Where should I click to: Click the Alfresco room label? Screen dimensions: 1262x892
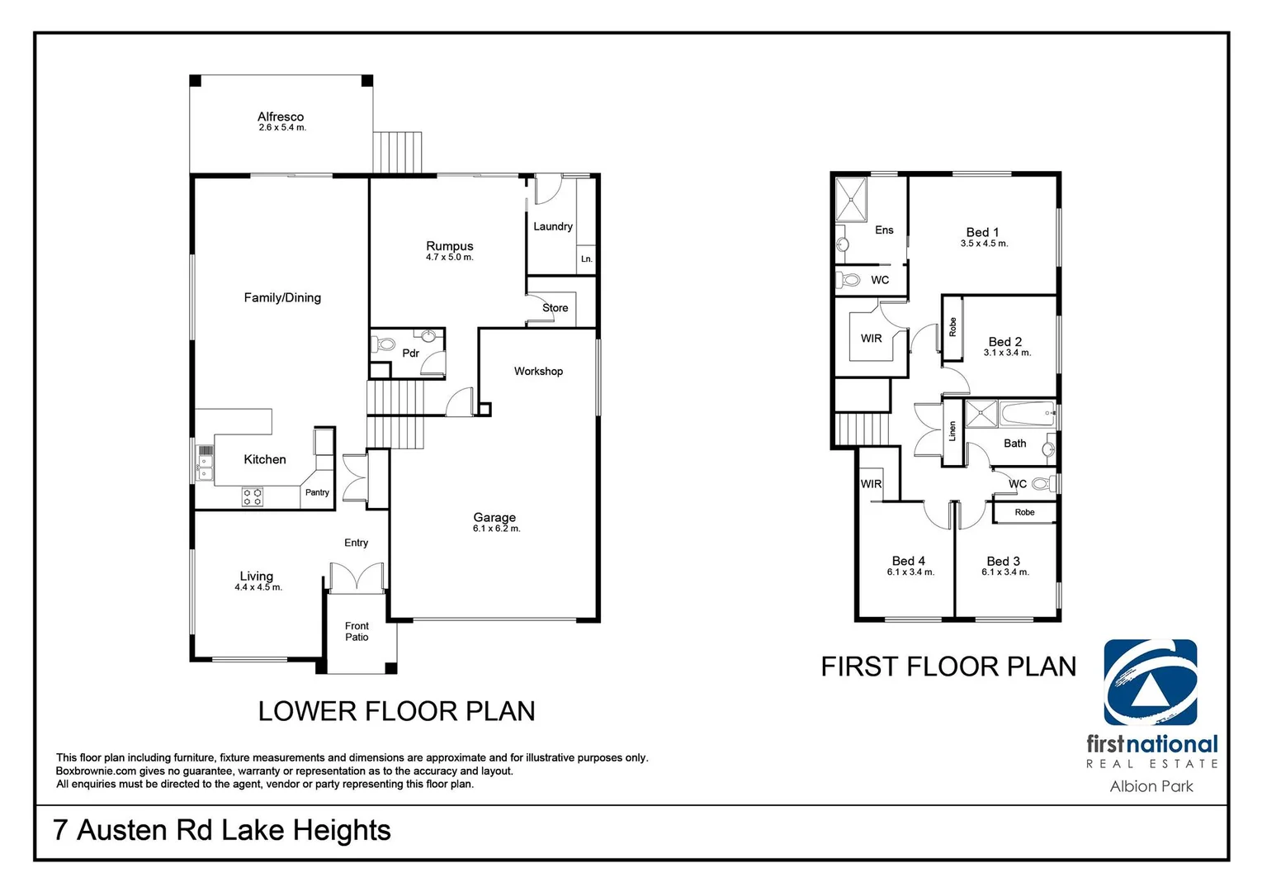click(281, 116)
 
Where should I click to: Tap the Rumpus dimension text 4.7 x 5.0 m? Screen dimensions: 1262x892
click(450, 257)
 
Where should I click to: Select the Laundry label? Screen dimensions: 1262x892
click(553, 226)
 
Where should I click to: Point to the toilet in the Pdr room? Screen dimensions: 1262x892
click(384, 344)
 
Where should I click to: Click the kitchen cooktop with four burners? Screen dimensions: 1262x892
click(252, 496)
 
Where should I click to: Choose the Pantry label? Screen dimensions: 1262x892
click(317, 492)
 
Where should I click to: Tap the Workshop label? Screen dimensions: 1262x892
click(538, 371)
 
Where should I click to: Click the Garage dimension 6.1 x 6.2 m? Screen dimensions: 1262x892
click(496, 529)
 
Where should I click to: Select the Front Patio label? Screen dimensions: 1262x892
click(357, 632)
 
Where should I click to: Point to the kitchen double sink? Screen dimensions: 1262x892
click(205, 468)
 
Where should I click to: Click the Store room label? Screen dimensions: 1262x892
click(555, 308)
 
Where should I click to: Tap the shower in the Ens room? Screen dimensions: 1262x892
click(851, 200)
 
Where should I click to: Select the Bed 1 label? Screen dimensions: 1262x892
click(982, 232)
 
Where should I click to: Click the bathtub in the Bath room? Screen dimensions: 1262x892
click(1028, 413)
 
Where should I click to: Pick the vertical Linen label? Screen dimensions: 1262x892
click(952, 431)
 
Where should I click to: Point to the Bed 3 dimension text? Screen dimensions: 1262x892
click(1005, 572)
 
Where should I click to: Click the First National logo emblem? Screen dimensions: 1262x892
click(1150, 682)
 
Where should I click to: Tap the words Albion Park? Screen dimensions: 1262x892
click(1151, 786)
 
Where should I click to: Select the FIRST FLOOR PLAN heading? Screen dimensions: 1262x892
click(948, 667)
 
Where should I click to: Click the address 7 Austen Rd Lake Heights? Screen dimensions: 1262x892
click(222, 830)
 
